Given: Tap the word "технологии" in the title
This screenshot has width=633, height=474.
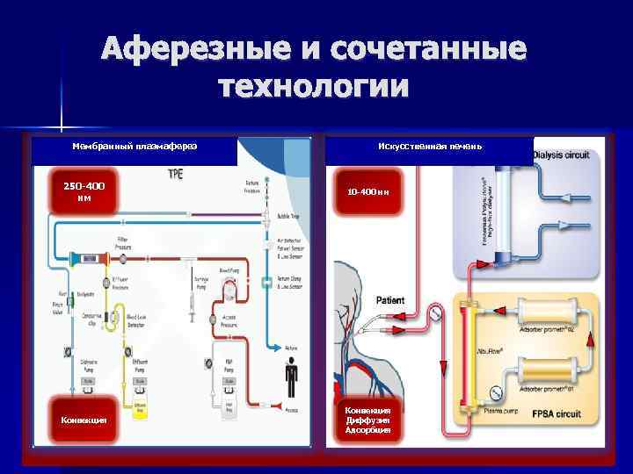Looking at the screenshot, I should point(314,88).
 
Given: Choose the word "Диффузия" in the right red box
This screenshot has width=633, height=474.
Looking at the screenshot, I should point(373,420).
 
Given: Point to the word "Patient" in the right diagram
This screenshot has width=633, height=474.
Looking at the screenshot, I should point(390,300).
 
